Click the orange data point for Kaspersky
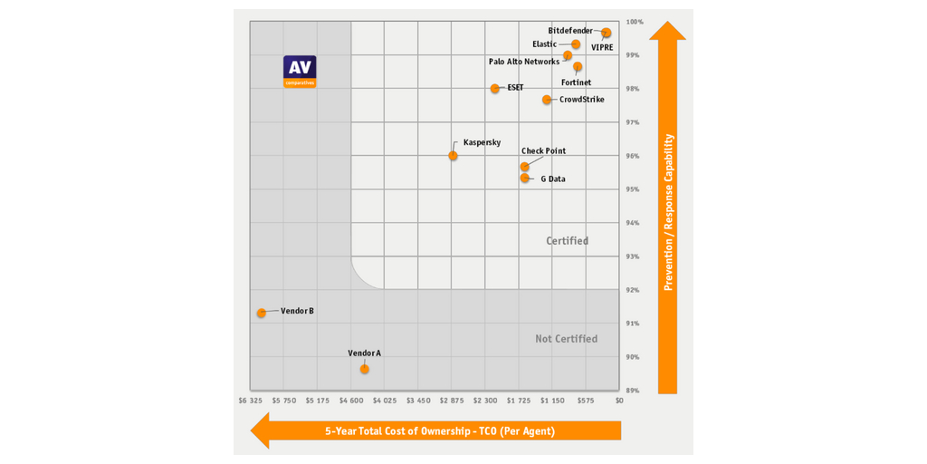[x=453, y=156]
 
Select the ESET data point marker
[x=495, y=89]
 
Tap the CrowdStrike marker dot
[x=547, y=100]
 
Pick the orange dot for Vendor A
[x=364, y=369]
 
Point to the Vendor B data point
[x=262, y=313]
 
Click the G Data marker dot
[x=525, y=179]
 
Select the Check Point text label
[x=543, y=151]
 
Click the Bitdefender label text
[x=570, y=31]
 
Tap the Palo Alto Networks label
[x=524, y=62]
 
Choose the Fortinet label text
[x=576, y=82]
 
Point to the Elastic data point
[x=576, y=44]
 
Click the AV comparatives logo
[x=300, y=72]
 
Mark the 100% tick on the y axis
[x=635, y=22]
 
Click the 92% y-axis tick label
[x=632, y=290]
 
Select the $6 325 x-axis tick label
[x=251, y=400]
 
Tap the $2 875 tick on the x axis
[x=452, y=400]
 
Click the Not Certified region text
[x=566, y=339]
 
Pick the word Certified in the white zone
[x=567, y=241]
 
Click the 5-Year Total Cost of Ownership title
[x=440, y=431]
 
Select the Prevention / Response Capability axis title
[x=668, y=212]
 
